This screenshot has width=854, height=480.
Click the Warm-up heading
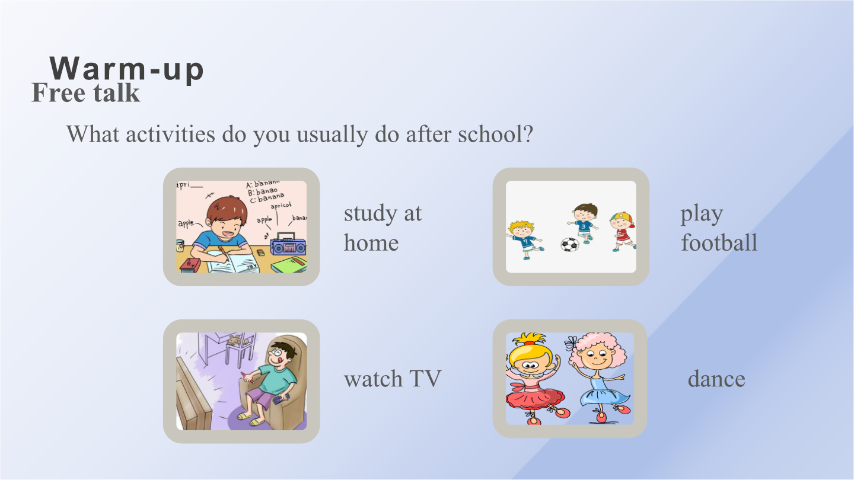tap(126, 69)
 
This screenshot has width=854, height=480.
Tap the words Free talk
tap(86, 92)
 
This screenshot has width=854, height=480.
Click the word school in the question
tap(495, 134)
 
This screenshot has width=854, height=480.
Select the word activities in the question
tap(170, 134)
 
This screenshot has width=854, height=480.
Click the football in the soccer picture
tap(569, 244)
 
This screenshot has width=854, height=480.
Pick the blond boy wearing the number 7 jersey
tap(524, 240)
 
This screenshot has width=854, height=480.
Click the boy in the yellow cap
tap(623, 232)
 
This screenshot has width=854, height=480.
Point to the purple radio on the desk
tap(288, 244)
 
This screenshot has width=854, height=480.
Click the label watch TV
tap(393, 379)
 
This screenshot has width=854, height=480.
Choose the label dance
tap(716, 379)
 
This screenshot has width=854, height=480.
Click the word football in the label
tap(719, 242)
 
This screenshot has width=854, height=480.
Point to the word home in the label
tap(371, 242)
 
